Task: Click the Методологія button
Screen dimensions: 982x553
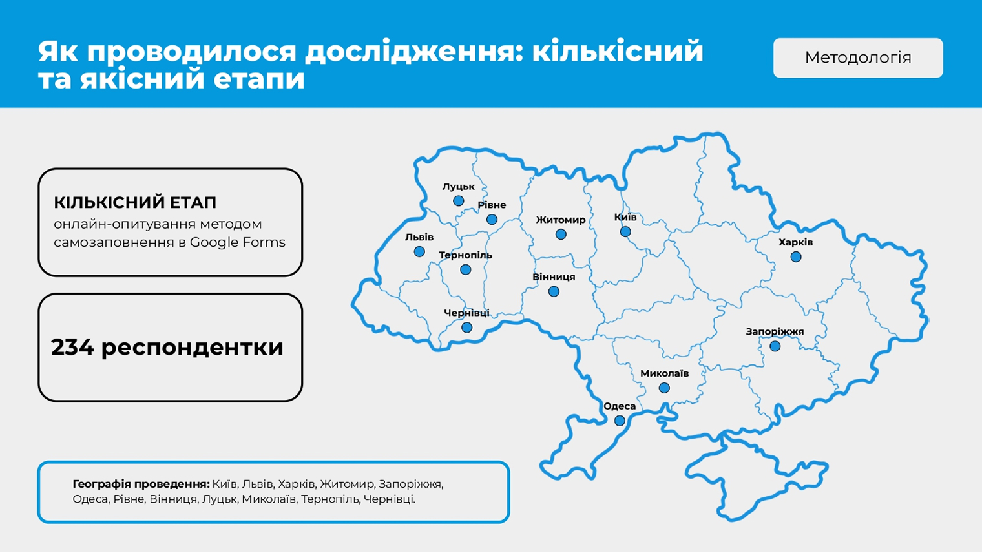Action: (858, 58)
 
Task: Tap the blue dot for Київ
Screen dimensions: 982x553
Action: (625, 231)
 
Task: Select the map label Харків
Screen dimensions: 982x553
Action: (796, 242)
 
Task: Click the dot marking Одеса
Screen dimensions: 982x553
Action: (620, 421)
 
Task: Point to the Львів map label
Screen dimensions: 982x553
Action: (419, 237)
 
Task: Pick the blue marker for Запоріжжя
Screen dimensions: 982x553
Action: (775, 346)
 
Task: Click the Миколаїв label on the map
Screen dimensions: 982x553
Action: (665, 373)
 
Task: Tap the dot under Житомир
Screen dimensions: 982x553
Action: (561, 235)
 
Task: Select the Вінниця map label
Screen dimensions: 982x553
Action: (554, 277)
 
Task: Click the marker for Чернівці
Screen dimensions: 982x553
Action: (467, 328)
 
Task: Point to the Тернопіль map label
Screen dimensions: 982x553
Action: (466, 255)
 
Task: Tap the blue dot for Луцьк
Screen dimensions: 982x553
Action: (459, 201)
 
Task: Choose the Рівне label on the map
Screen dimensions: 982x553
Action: (492, 205)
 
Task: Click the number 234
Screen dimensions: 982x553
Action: (72, 348)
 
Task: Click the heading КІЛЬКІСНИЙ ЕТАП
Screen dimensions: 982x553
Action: (135, 203)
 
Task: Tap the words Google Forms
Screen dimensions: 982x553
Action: (238, 242)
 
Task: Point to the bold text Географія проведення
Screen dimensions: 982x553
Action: (141, 485)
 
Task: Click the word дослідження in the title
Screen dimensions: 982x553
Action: (414, 51)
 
